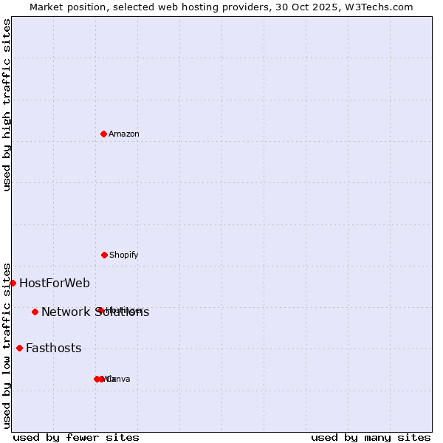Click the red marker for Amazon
point(104,134)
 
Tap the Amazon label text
point(124,134)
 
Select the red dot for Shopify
point(104,255)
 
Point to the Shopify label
point(124,255)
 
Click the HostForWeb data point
point(13,283)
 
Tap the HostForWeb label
point(55,283)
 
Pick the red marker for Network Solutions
point(35,312)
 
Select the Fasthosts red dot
point(19,348)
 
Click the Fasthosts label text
point(54,348)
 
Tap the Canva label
point(120,379)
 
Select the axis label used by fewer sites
point(76,437)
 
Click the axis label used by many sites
point(371,437)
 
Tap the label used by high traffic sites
point(7,104)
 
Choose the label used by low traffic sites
point(7,345)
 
